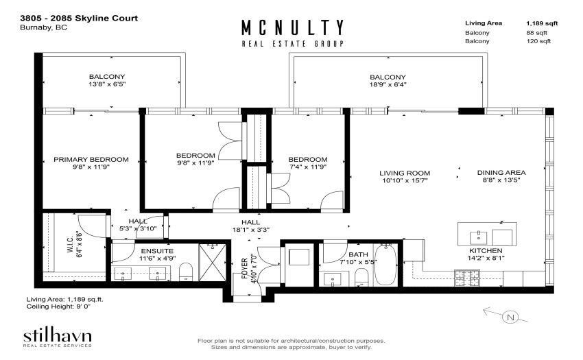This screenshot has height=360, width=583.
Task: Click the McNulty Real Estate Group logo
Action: click(x=293, y=33)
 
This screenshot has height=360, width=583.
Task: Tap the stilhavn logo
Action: click(x=57, y=337)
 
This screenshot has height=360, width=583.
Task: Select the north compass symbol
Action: click(x=505, y=315)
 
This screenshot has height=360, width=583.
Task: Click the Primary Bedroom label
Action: click(x=91, y=160)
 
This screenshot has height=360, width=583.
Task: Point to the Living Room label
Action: click(x=405, y=173)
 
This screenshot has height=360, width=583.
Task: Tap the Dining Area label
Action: click(x=501, y=173)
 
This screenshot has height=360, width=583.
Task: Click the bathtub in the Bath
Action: click(x=386, y=265)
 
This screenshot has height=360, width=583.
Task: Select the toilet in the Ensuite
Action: click(x=186, y=272)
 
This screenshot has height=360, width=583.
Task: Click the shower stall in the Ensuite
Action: click(x=213, y=263)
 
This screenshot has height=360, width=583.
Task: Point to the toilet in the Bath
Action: click(x=361, y=278)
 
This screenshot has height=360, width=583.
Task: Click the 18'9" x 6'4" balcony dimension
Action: click(x=388, y=84)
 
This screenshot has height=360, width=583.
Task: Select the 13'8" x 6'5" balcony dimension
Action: click(x=107, y=84)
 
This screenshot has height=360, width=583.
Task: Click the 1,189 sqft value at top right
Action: click(x=542, y=23)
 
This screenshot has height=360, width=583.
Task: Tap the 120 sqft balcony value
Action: click(x=538, y=41)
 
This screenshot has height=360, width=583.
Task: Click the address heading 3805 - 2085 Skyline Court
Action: click(x=79, y=19)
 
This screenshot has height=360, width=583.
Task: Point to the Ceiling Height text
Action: click(x=59, y=307)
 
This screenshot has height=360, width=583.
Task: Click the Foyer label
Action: click(x=244, y=268)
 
